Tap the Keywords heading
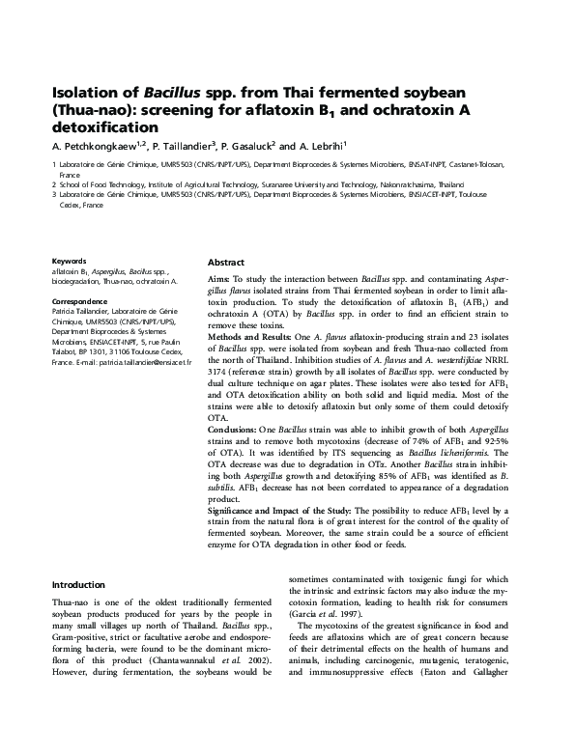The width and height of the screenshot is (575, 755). point(69,261)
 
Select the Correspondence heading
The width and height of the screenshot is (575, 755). point(78,301)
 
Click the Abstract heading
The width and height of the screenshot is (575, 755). point(226,263)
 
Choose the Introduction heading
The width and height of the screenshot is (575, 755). point(78,584)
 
